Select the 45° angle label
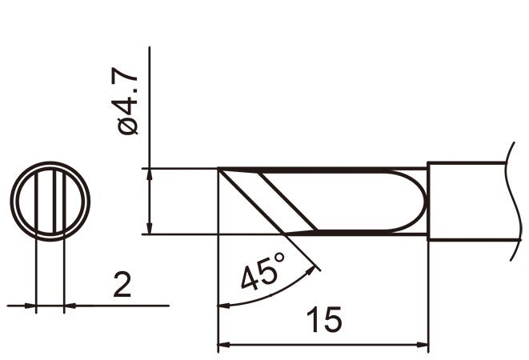tap(262, 273)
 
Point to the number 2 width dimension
tap(122, 284)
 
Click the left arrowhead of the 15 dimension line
tap(225, 346)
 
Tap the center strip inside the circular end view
tap(50, 201)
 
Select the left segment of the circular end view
tap(26, 201)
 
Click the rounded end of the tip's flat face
tap(417, 202)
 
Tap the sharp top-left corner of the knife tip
tap(220, 170)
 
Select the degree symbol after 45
tap(280, 260)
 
